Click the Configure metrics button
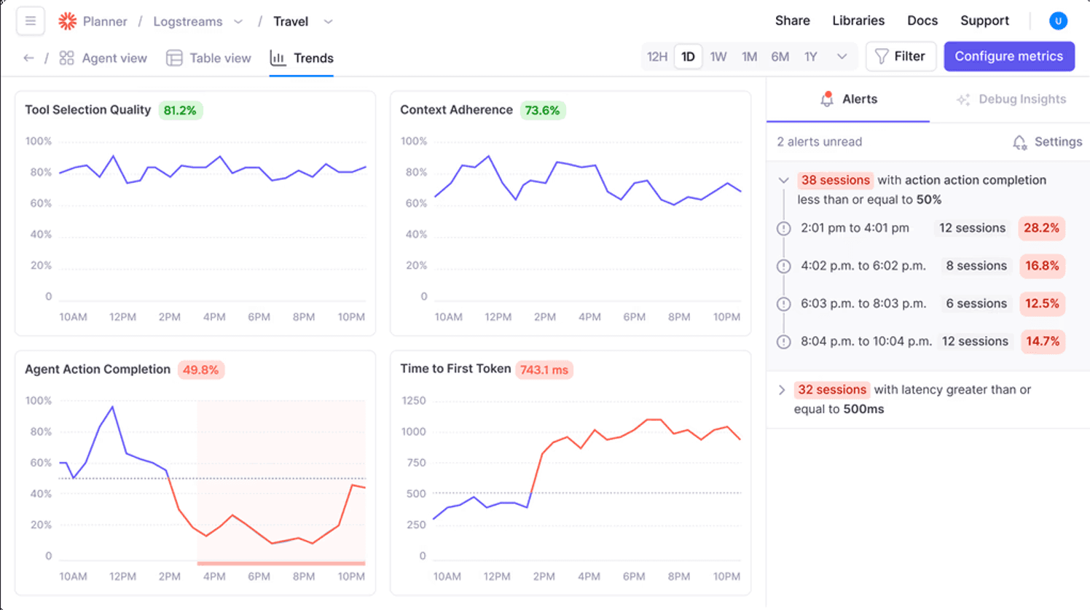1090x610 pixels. (x=1008, y=56)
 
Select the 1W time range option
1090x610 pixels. (x=718, y=57)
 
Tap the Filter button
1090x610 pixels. (x=901, y=56)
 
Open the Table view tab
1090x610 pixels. (x=209, y=58)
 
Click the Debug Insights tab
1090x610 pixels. (x=1011, y=99)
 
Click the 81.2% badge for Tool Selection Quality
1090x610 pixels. (x=180, y=111)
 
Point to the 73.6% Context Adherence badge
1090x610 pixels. (x=543, y=111)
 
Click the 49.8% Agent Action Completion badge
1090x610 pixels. (x=200, y=370)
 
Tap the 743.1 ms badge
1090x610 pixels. (x=544, y=370)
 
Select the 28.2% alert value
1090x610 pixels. (x=1041, y=228)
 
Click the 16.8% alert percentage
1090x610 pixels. (x=1042, y=266)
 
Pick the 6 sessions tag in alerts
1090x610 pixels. (x=976, y=304)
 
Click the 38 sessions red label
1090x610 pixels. (x=835, y=180)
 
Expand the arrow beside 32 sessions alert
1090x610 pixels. (x=782, y=390)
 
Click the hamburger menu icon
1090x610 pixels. (x=31, y=21)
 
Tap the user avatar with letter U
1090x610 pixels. (x=1058, y=21)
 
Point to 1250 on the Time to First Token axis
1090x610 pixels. (x=413, y=401)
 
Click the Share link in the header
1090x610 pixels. (x=792, y=20)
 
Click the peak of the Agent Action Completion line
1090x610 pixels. (x=112, y=407)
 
